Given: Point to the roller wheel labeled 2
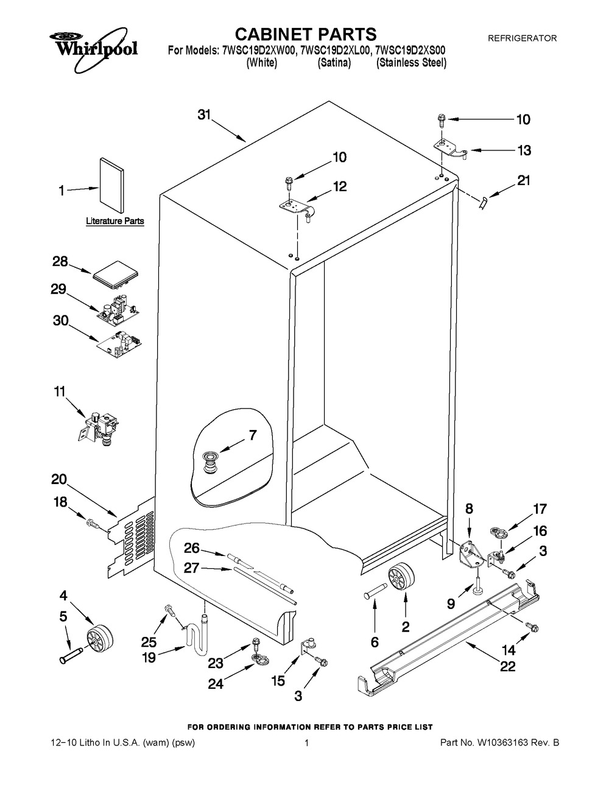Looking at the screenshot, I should [x=401, y=577].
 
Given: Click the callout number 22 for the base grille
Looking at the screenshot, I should [x=507, y=666].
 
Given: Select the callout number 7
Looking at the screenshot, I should [x=252, y=435].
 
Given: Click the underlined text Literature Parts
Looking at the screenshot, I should [x=114, y=221].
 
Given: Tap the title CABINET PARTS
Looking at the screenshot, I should [x=306, y=34].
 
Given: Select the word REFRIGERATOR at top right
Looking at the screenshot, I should [x=523, y=38].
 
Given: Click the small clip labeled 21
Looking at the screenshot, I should [x=483, y=203].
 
